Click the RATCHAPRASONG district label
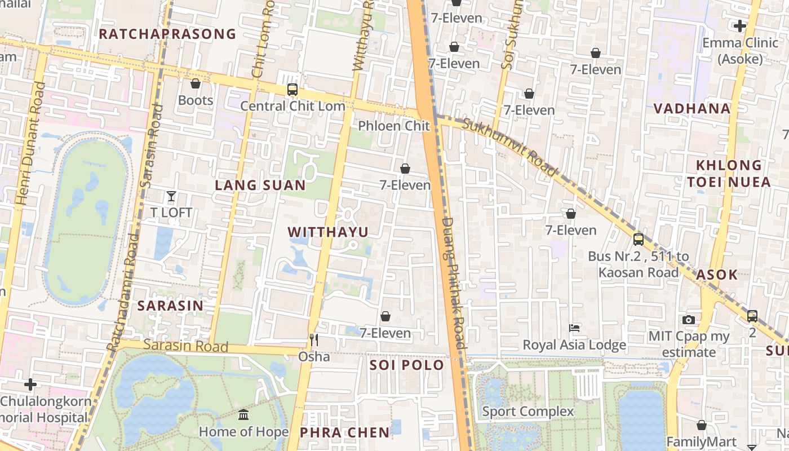(167, 34)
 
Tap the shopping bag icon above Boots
(196, 84)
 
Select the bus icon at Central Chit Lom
(292, 89)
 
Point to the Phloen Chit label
(394, 126)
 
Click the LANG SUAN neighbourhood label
(260, 185)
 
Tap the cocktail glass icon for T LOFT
(171, 196)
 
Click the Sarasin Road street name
(185, 346)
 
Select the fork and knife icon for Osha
(314, 339)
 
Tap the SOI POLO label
(407, 365)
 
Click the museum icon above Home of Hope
(243, 415)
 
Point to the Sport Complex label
(528, 412)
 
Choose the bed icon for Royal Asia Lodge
(574, 328)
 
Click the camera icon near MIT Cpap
(688, 320)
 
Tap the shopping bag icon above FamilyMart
(702, 425)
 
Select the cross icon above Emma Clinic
(740, 25)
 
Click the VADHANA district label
(692, 109)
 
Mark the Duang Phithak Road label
(454, 283)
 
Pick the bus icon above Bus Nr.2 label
(638, 239)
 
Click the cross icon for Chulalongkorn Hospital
(30, 384)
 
